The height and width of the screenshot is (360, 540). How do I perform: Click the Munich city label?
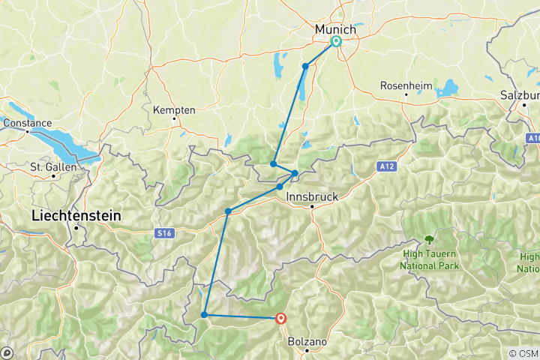coord(335,28)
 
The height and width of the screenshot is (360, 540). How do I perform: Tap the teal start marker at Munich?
coord(335,42)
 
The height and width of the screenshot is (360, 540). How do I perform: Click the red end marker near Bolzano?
coord(281,318)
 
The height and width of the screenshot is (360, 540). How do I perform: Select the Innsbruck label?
coord(312,196)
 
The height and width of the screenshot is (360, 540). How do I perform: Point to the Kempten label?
coord(174,109)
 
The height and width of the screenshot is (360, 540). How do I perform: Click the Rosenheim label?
coord(406,85)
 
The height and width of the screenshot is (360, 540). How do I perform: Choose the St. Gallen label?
coord(53,166)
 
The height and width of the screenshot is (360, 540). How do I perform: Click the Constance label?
coord(28,123)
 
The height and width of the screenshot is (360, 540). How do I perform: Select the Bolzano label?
coord(307,341)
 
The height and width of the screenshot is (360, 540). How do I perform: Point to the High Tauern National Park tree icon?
coord(429,240)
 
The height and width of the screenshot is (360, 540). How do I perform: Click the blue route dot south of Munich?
coord(305,67)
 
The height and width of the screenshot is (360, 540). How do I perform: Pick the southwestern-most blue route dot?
coord(204,314)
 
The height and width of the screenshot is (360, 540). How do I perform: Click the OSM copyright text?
coord(523,353)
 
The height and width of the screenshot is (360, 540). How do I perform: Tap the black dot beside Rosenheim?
coord(406,95)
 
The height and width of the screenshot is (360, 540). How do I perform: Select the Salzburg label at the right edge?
coord(520,95)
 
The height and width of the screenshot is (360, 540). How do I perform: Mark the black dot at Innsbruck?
coord(313,206)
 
